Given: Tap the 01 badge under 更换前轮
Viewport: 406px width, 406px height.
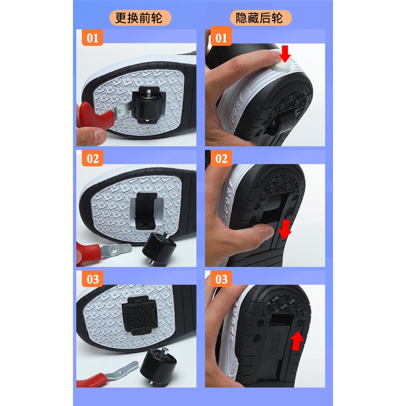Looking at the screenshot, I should click(x=91, y=38).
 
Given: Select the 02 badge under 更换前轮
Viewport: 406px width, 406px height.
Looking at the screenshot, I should click(x=91, y=158).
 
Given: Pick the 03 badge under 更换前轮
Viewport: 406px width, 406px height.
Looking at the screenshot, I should click(x=91, y=280).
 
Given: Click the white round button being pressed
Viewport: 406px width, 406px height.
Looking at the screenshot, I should click(x=283, y=68).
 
